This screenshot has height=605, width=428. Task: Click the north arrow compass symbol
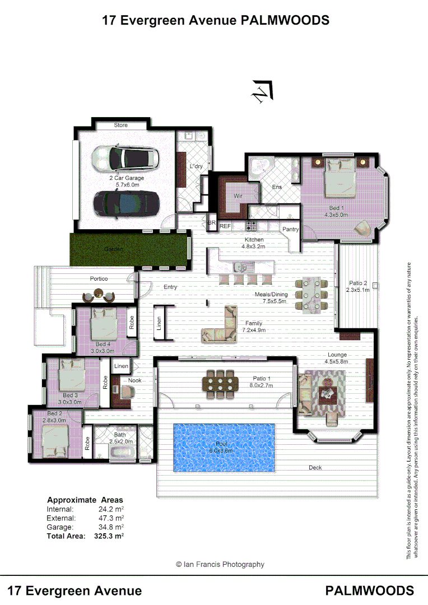tap(262, 91)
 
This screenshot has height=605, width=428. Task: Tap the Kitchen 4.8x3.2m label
tap(253, 243)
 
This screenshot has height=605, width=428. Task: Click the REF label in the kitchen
tap(225, 226)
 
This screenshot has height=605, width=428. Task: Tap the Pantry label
tap(290, 229)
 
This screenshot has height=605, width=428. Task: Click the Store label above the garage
tap(121, 125)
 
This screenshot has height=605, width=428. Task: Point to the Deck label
tap(315, 468)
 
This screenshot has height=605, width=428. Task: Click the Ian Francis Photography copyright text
tap(220, 565)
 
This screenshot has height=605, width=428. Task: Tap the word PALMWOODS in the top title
tap(285, 21)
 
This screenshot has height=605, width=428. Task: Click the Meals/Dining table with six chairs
tap(311, 293)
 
